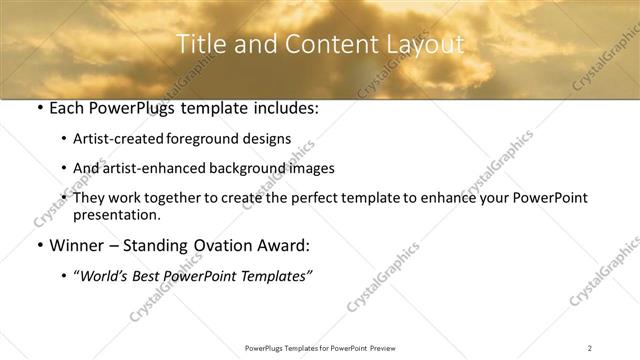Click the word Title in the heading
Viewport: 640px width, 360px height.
pyautogui.click(x=199, y=45)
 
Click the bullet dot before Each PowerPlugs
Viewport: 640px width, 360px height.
pyautogui.click(x=38, y=110)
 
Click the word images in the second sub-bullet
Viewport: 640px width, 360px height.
pyautogui.click(x=312, y=169)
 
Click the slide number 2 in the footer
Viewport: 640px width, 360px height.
pyautogui.click(x=590, y=348)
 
